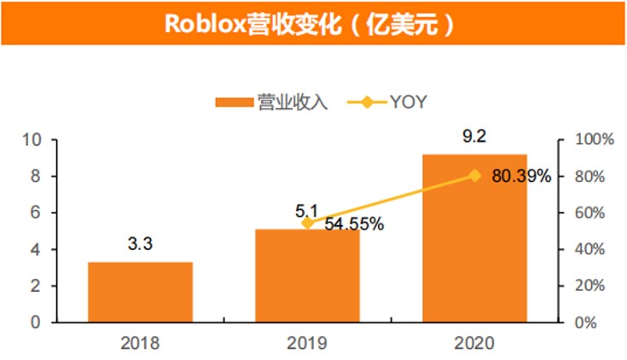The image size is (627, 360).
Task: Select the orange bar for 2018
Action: (140, 292)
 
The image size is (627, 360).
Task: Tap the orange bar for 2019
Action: (307, 276)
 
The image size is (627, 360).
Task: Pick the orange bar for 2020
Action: (474, 238)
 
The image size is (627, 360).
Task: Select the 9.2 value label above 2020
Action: (474, 137)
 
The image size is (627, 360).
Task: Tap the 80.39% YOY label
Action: (521, 177)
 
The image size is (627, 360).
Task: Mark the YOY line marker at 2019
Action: (307, 223)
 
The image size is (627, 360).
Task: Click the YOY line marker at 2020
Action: (474, 176)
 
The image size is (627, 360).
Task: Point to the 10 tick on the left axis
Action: (31, 140)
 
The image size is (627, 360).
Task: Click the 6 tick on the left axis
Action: (34, 213)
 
